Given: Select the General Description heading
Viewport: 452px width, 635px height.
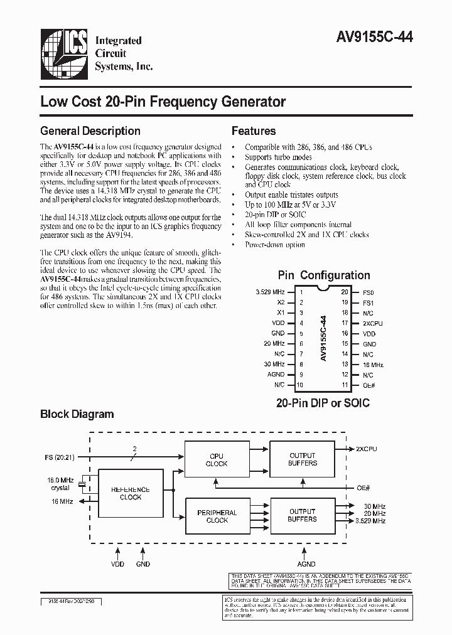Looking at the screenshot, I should coord(90,131).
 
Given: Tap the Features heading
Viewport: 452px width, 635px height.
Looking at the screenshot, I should coord(254,131).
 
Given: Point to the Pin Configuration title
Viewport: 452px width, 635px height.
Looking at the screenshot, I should coord(324,275).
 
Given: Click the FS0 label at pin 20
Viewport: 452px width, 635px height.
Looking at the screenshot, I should coord(369,292).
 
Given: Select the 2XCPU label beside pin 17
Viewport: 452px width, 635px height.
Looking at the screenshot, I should coord(372,323).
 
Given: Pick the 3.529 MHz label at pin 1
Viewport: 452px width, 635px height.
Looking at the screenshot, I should coord(271,292).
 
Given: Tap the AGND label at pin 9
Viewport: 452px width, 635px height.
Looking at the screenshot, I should coord(276,374).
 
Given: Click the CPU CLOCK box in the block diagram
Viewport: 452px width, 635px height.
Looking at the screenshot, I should coord(217,460).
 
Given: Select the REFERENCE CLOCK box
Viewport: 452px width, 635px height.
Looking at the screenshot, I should coord(131,493).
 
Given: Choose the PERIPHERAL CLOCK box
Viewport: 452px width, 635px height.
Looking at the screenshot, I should coord(217,516).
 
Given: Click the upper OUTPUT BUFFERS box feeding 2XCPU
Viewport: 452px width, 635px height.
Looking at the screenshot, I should coord(302,459).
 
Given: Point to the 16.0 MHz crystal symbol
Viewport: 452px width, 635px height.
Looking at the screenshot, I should coord(82,485).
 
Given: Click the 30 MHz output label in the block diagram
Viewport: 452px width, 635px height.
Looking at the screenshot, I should coord(370,506).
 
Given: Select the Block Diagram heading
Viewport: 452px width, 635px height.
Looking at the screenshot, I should coord(77,414).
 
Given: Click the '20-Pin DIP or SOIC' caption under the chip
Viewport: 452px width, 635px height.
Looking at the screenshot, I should coord(323,403).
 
